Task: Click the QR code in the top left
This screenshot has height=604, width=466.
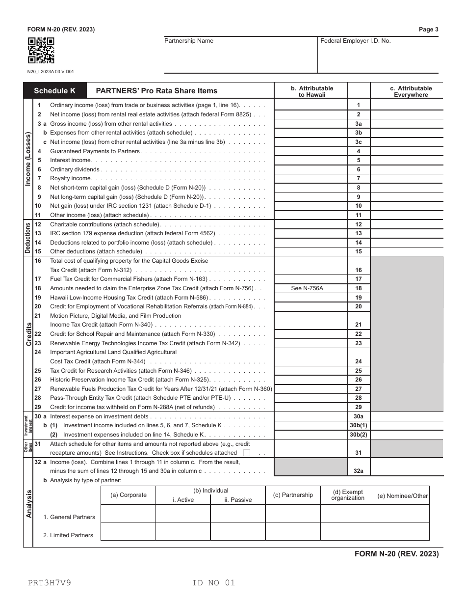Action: (41, 51)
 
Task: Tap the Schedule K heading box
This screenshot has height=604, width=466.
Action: (54, 90)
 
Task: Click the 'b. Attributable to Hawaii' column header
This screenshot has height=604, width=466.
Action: (311, 91)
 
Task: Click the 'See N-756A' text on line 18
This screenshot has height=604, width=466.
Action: (307, 288)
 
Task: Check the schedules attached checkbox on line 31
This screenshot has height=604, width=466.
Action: (247, 453)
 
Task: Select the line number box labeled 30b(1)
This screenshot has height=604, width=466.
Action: (358, 425)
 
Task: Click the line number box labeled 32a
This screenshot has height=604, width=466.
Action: (358, 471)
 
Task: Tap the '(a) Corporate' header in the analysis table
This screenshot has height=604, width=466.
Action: (128, 495)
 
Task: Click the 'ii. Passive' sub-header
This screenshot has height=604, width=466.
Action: (238, 500)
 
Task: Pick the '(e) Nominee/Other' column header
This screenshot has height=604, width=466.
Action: (402, 495)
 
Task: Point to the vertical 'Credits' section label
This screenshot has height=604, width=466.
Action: (28, 334)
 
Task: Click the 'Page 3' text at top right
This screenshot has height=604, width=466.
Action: (428, 29)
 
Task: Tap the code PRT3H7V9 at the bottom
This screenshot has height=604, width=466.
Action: (49, 583)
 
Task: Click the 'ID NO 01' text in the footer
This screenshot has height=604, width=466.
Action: (214, 583)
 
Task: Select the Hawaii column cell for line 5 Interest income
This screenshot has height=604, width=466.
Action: (310, 160)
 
